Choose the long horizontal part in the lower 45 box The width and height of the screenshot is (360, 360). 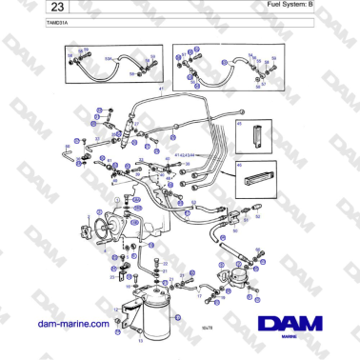(x=257, y=176)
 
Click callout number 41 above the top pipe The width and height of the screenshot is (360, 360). (x=162, y=88)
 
